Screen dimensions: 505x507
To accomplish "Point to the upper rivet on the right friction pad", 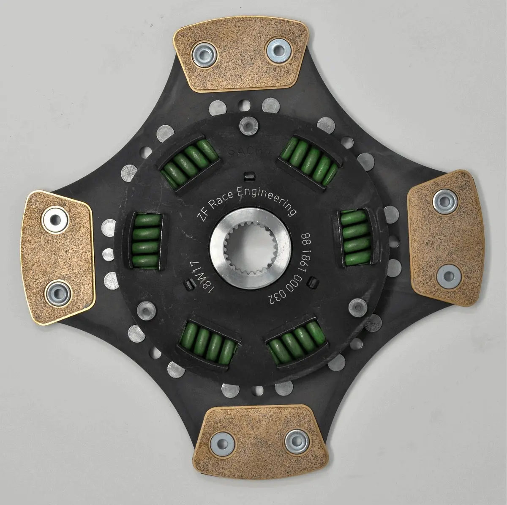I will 445,202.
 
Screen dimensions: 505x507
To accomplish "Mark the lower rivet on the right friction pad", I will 448,276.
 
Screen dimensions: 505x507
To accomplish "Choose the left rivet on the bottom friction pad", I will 222,443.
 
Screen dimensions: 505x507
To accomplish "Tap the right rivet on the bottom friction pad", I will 296,441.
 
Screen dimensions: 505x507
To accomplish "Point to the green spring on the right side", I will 355,238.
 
